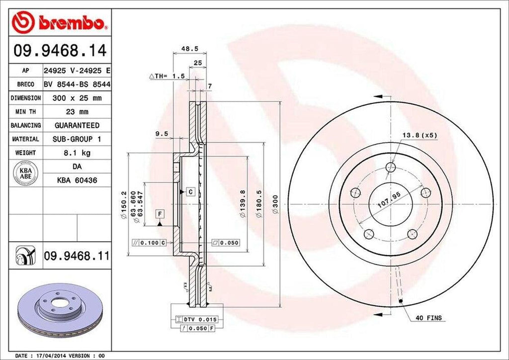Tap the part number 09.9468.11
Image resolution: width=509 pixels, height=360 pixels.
pos(76,256)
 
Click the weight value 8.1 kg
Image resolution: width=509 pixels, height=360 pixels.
pos(77,153)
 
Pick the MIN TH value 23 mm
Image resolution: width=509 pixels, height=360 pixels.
pos(77,112)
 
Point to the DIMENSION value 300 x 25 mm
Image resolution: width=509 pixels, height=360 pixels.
pos(77,98)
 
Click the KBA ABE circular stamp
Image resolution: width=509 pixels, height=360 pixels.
pos(22,174)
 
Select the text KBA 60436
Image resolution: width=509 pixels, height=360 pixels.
pos(77,180)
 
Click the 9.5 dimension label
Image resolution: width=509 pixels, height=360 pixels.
pos(162,133)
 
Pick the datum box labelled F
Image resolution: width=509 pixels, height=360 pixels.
pos(160,214)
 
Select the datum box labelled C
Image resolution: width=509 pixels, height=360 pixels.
pos(189,191)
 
